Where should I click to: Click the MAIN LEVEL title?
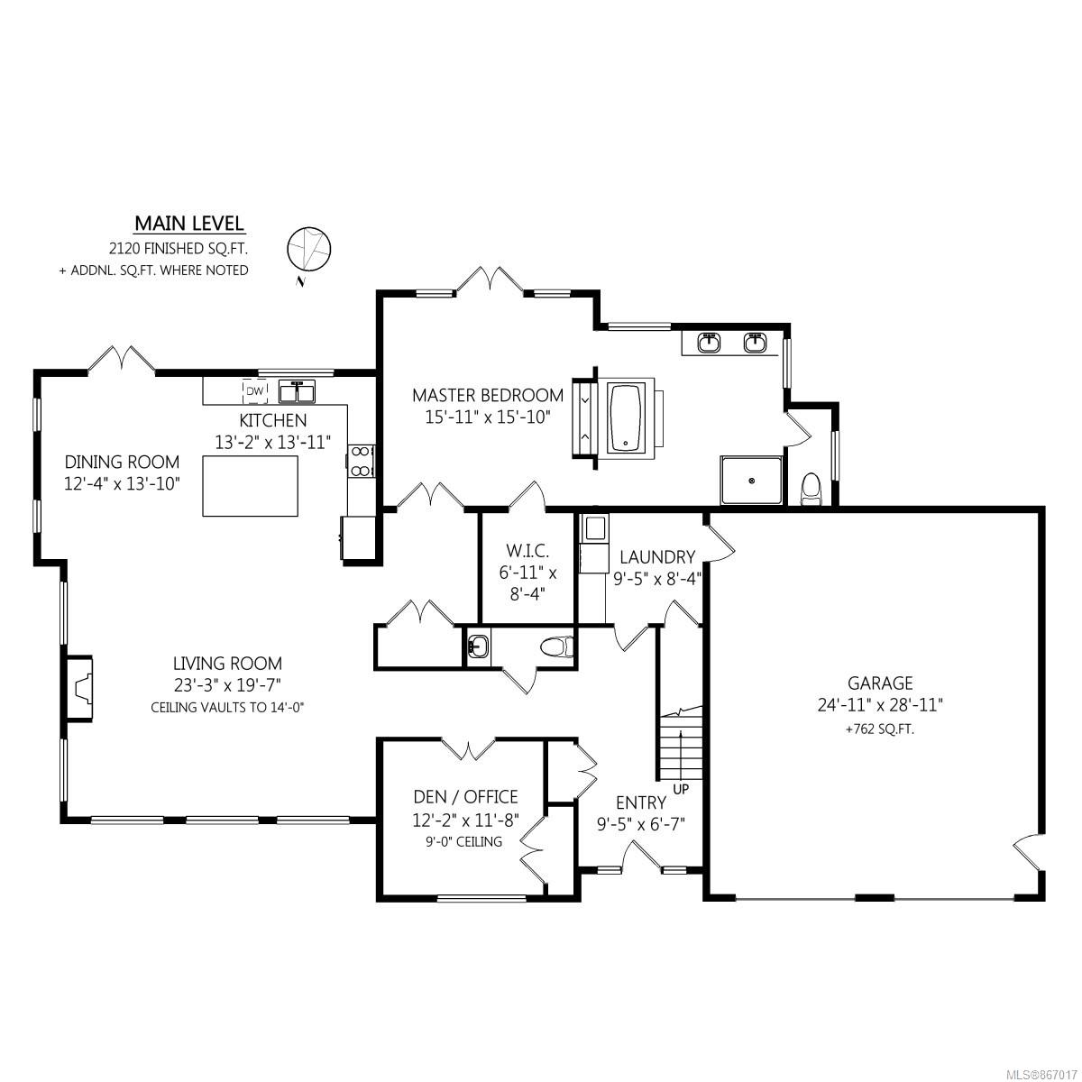click(x=189, y=224)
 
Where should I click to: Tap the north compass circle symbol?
click(x=309, y=248)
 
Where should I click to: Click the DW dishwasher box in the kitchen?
click(x=255, y=391)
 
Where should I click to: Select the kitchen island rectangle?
click(x=251, y=486)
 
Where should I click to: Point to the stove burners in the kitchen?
click(x=361, y=461)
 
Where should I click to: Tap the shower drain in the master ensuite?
click(x=752, y=480)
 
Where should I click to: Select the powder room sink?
click(x=478, y=647)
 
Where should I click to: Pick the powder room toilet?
click(x=557, y=647)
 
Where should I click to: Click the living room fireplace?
click(x=79, y=687)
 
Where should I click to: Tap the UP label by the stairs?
click(x=681, y=789)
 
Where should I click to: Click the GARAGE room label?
click(x=880, y=683)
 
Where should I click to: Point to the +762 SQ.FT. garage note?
click(x=880, y=729)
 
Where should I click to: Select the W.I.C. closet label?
click(x=527, y=550)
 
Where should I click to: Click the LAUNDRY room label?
click(x=657, y=557)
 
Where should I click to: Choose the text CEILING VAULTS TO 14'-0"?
click(x=227, y=708)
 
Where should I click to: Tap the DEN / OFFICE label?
click(x=465, y=797)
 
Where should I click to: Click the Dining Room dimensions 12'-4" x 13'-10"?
click(x=122, y=483)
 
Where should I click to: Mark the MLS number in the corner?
click(x=1042, y=1072)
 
